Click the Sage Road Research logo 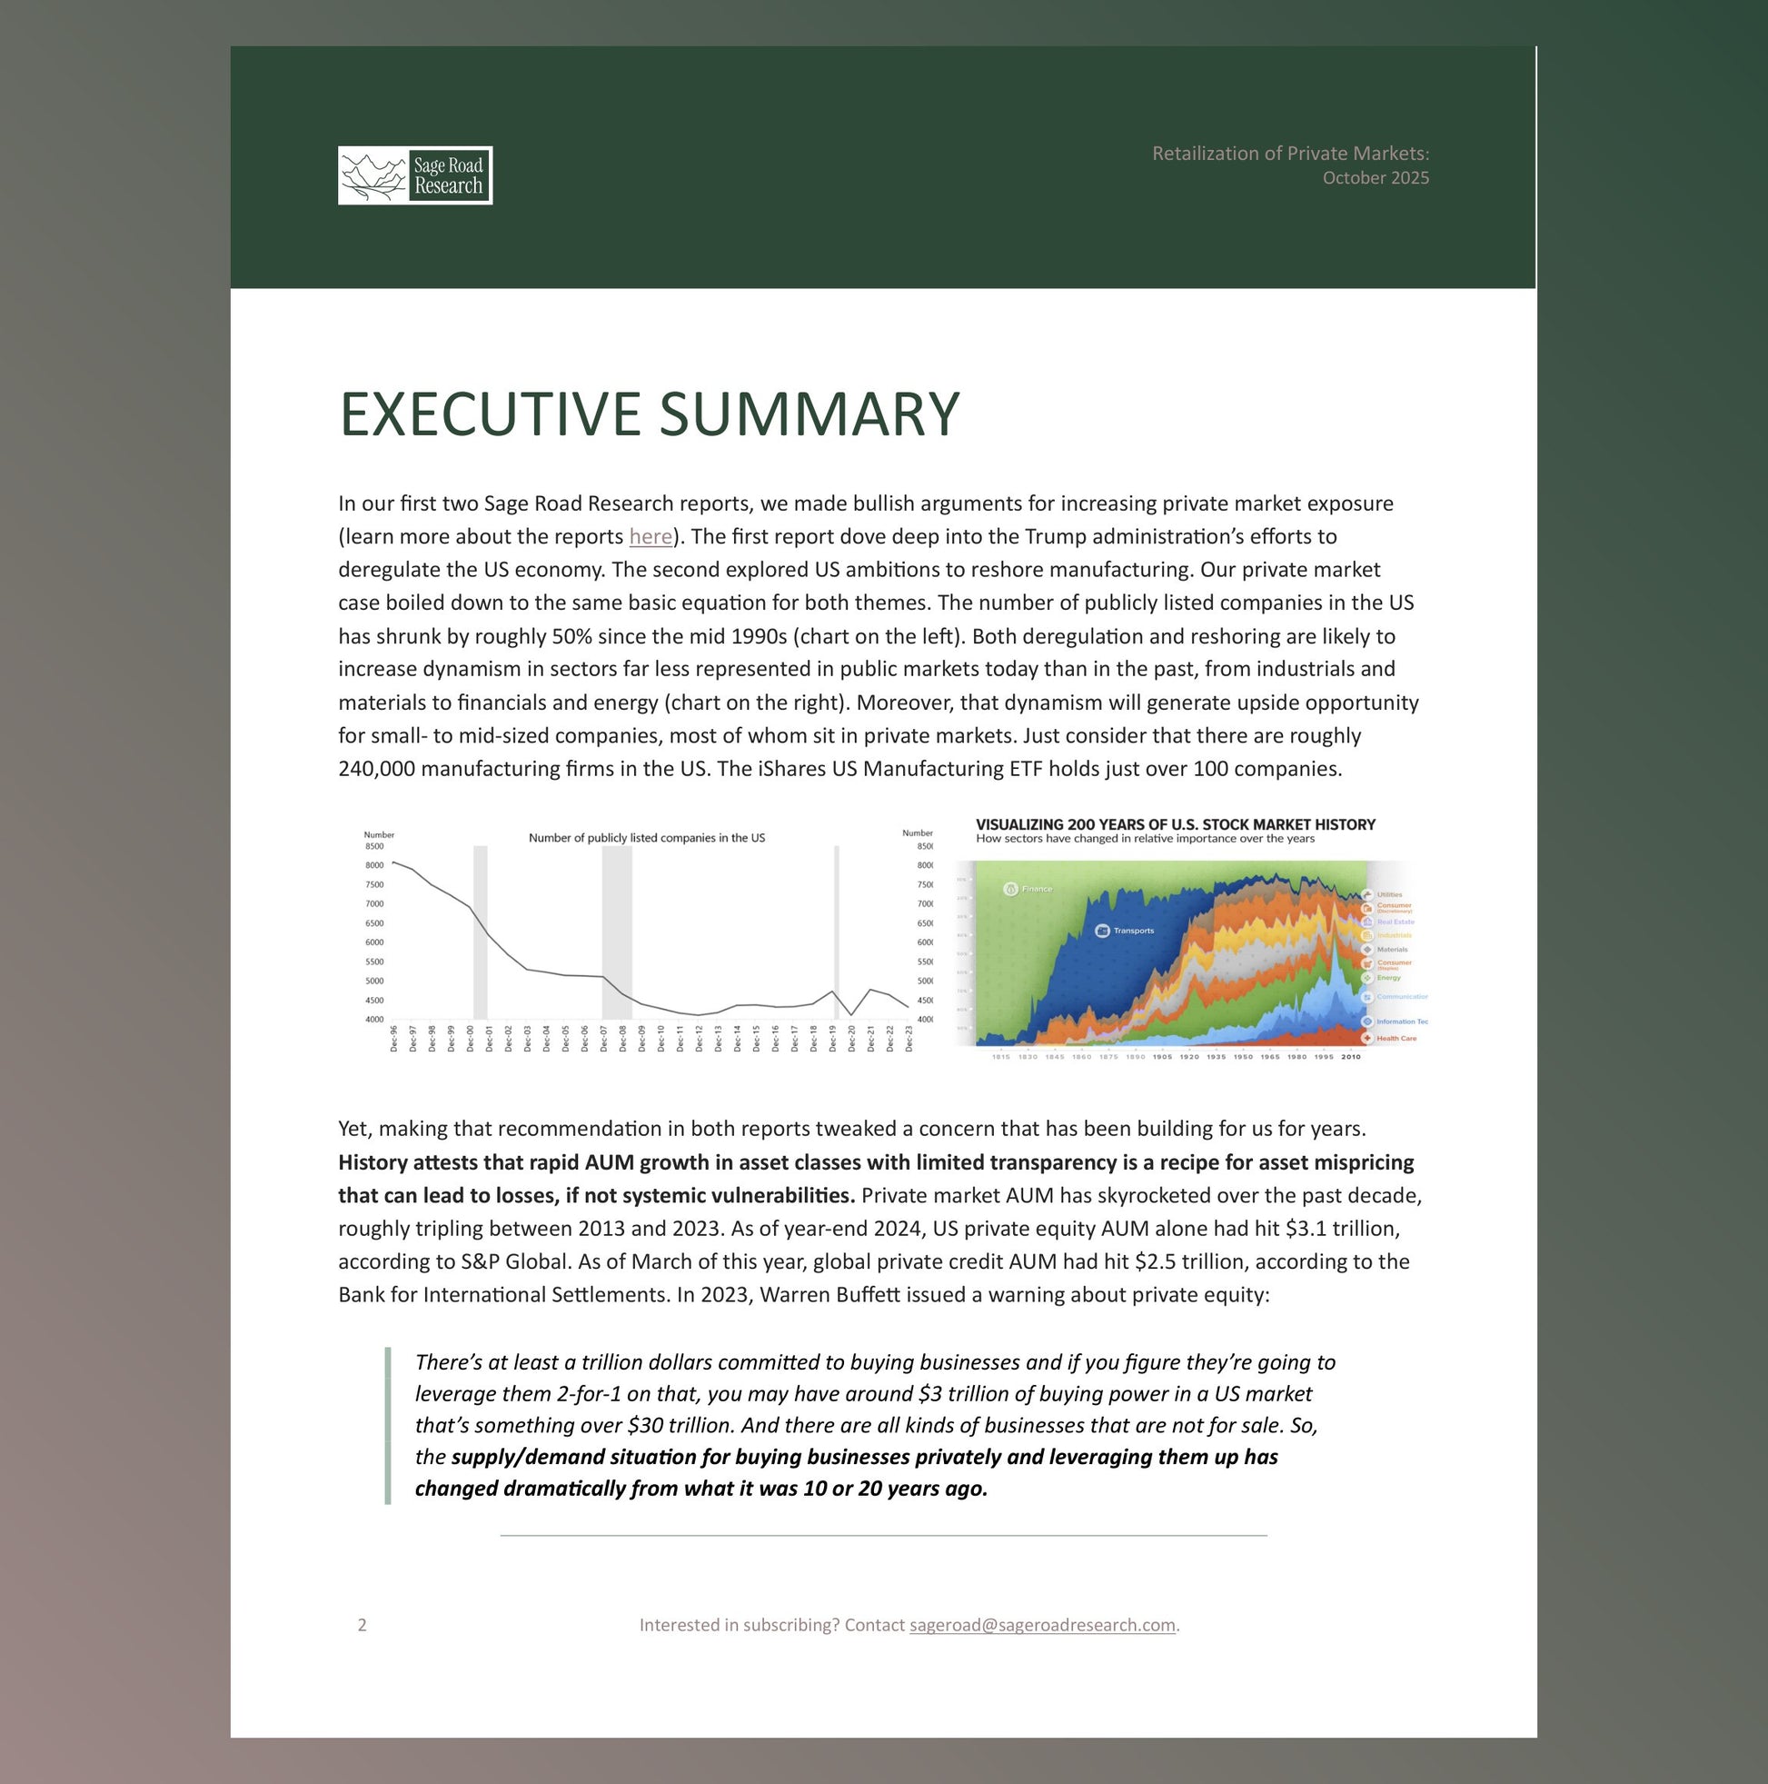point(414,175)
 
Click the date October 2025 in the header point(1375,178)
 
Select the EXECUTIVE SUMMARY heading point(649,414)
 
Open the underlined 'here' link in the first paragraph point(650,536)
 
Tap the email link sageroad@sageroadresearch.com point(1041,1625)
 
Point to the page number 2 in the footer point(362,1625)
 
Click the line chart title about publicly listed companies point(646,839)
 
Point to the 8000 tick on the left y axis point(374,866)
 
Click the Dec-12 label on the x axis point(699,1039)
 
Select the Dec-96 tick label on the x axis point(394,1039)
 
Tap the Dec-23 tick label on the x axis point(909,1039)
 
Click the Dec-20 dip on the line point(851,1015)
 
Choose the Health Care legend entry point(1395,1039)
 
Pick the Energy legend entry point(1387,978)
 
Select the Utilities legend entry point(1388,895)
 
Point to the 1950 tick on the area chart point(1243,1057)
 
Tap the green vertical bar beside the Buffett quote point(388,1425)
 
